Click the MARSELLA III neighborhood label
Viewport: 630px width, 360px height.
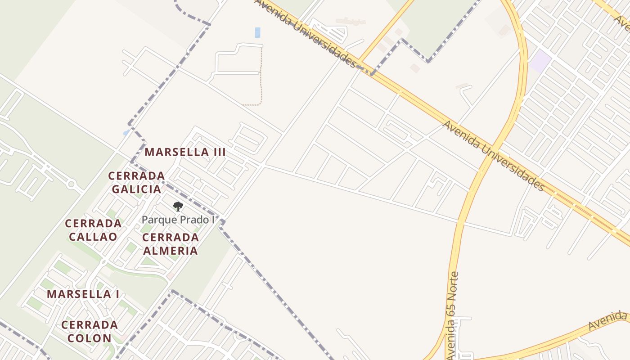point(185,152)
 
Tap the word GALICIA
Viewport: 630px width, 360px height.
point(136,189)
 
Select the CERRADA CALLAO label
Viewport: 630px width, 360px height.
point(93,230)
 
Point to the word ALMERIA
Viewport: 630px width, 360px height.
point(170,251)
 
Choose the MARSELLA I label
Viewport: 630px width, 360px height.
point(83,294)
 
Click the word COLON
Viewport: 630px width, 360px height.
point(89,338)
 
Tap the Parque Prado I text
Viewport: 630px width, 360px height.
point(177,220)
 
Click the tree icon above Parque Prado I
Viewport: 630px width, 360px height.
point(178,207)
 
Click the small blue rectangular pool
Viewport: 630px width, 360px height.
point(257,32)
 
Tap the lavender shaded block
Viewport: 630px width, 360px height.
point(540,62)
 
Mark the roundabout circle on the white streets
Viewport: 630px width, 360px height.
point(71,184)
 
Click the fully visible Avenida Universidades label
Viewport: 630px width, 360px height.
point(494,155)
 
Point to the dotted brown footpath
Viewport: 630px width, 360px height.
point(261,76)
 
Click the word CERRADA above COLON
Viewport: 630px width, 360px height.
point(89,325)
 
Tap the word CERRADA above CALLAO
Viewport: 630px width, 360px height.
point(93,223)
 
